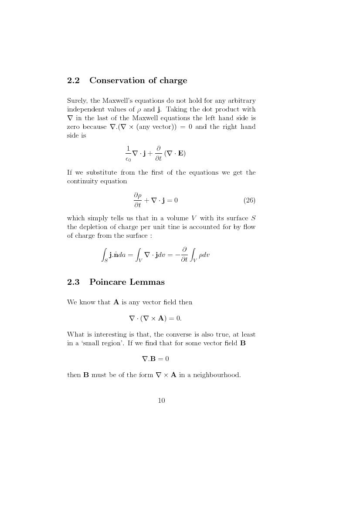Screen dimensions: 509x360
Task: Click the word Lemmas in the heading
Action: pos(149,282)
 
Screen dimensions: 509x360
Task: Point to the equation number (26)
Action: pos(249,200)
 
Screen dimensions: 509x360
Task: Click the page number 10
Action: pos(161,401)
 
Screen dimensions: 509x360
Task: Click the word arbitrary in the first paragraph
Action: pos(241,101)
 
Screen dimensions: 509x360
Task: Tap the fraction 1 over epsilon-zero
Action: pos(128,153)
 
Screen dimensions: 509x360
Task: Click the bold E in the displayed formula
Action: pos(180,153)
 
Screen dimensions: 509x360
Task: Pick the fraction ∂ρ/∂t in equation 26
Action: pos(137,200)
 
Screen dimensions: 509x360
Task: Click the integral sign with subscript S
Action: pos(104,255)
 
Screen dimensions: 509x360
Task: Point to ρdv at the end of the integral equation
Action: pos(204,255)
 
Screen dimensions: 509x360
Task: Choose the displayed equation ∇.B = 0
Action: pos(155,359)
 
